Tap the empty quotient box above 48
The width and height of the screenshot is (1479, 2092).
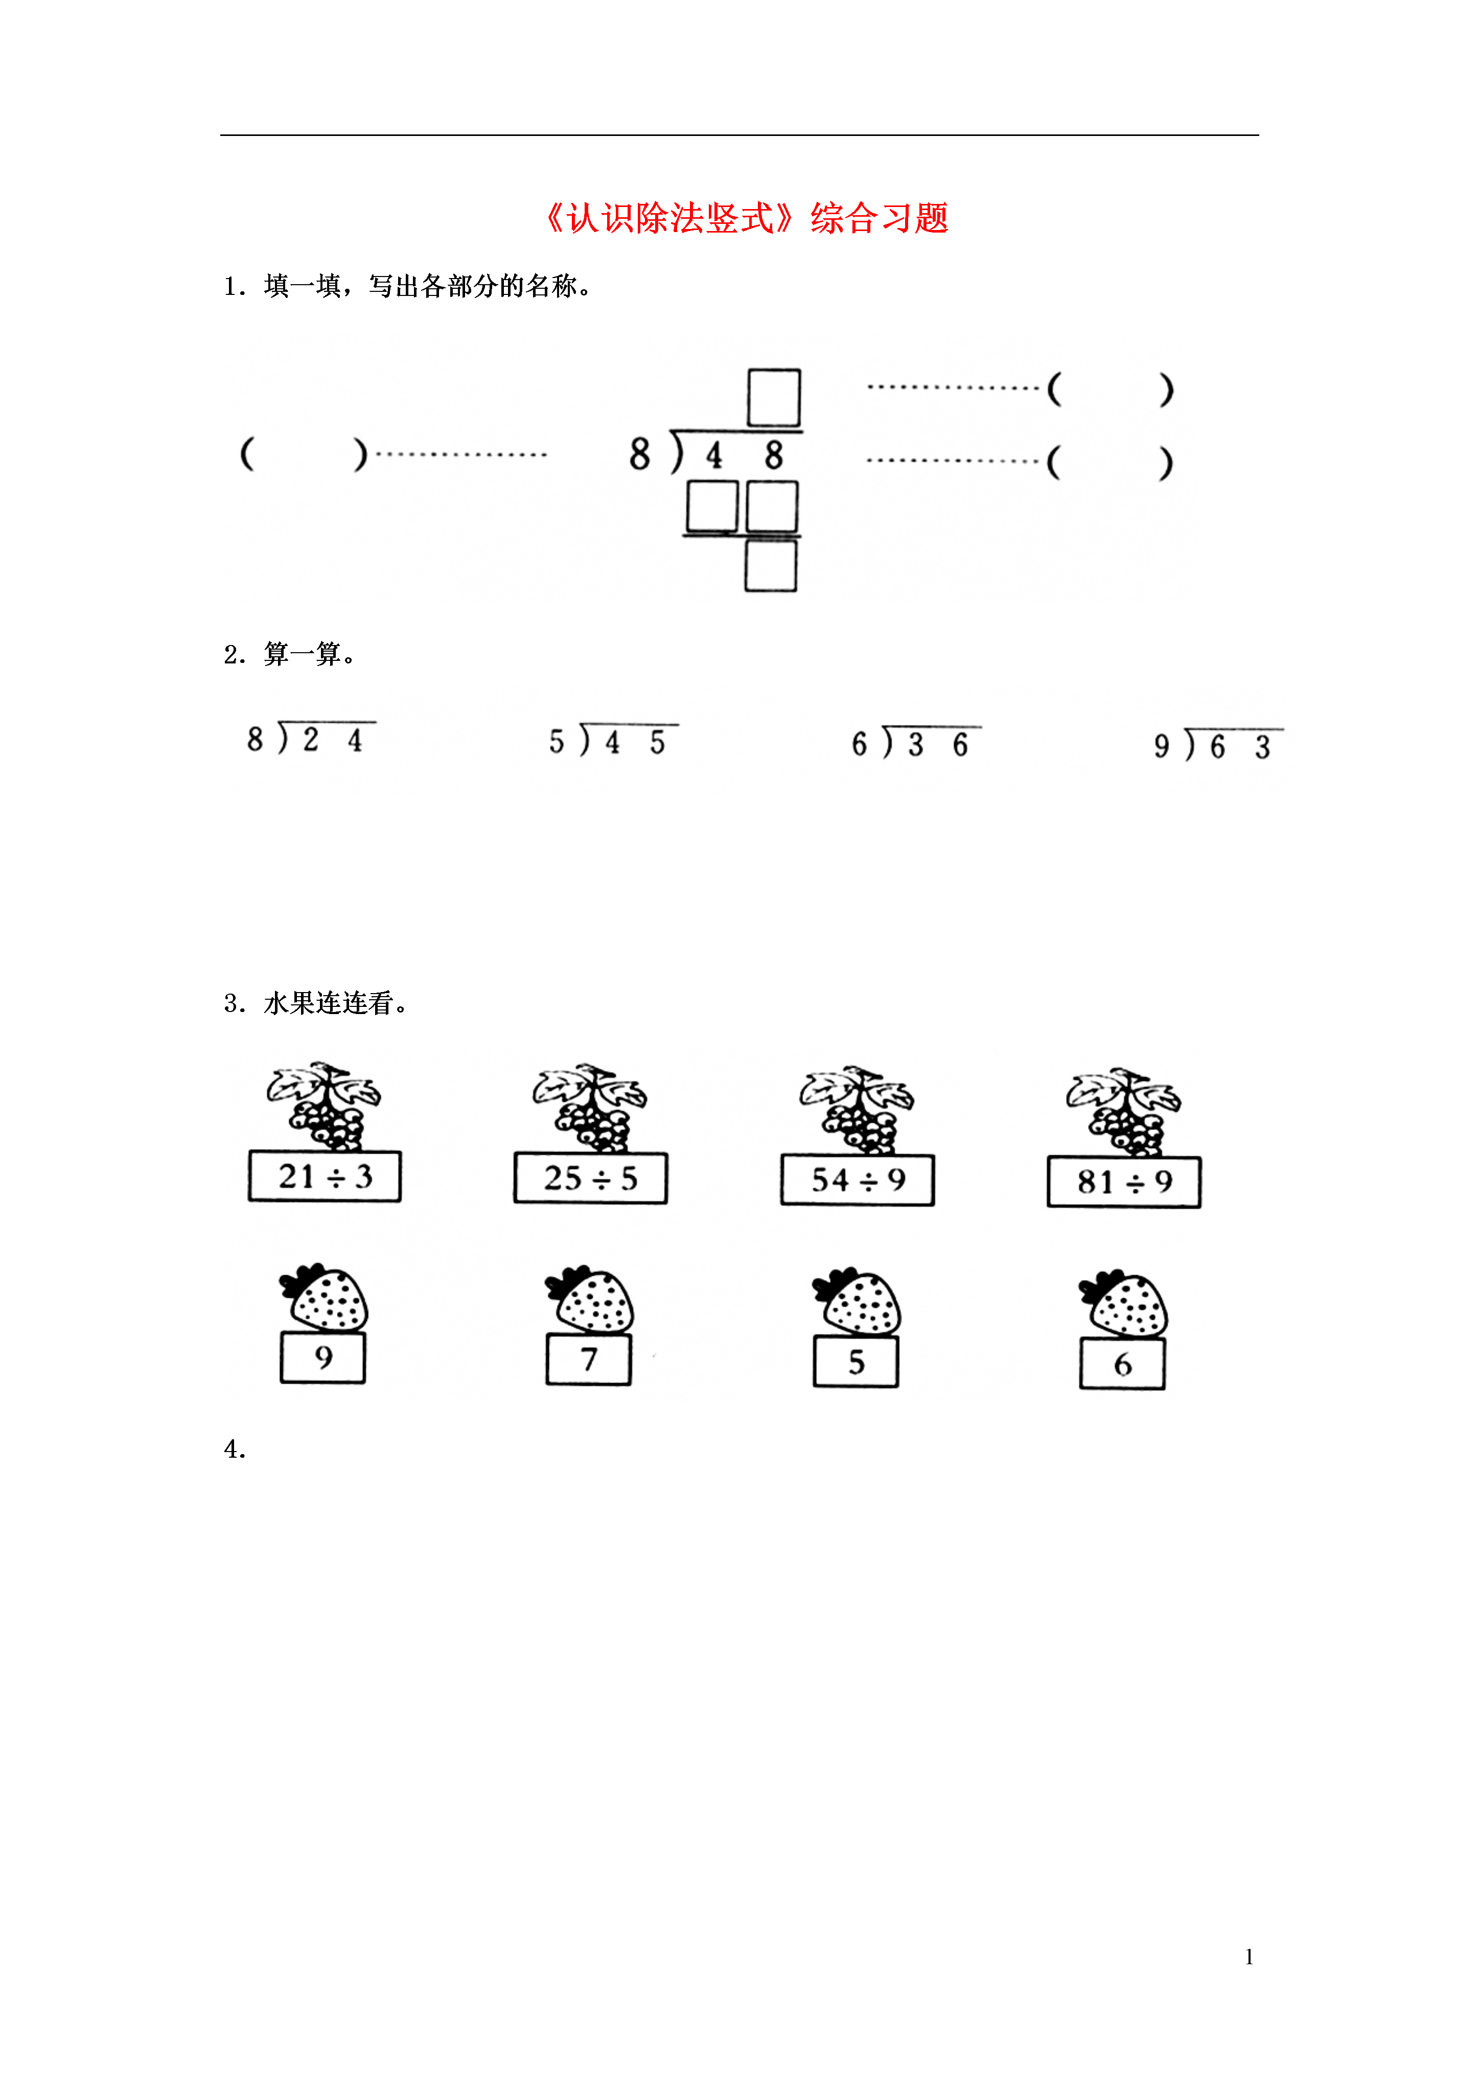tap(774, 397)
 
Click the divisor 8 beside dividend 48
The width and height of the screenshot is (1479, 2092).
tap(640, 454)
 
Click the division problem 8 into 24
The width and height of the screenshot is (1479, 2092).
tap(310, 738)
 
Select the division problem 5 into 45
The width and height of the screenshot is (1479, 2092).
tap(612, 741)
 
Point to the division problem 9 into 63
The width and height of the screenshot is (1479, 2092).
tap(1218, 745)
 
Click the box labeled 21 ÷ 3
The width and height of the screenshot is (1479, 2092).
tap(325, 1176)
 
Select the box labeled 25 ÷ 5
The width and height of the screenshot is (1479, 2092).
tap(590, 1178)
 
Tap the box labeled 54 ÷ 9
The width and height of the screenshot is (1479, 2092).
tap(858, 1180)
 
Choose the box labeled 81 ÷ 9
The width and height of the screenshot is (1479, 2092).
tap(1124, 1182)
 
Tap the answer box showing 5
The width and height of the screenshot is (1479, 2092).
tap(856, 1361)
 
